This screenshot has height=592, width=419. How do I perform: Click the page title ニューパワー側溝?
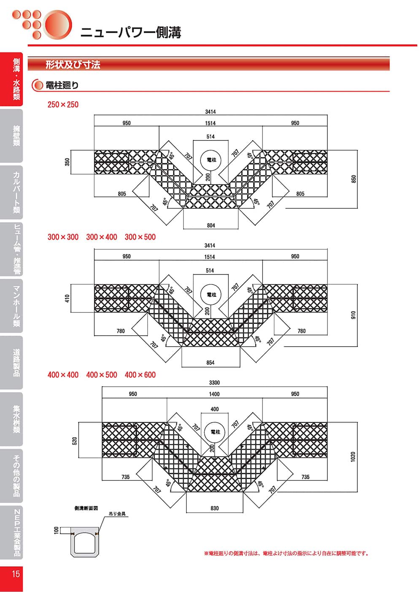pyautogui.click(x=131, y=32)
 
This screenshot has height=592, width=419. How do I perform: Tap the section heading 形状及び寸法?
pyautogui.click(x=73, y=65)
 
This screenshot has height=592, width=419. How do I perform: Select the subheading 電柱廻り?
pyautogui.click(x=62, y=85)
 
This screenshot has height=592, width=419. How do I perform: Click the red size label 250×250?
pyautogui.click(x=63, y=105)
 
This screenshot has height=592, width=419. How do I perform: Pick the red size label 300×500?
pyautogui.click(x=140, y=237)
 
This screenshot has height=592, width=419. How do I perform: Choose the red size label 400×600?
pyautogui.click(x=140, y=375)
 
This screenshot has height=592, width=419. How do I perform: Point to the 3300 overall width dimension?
pyautogui.click(x=214, y=383)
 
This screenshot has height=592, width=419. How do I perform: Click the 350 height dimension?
pyautogui.click(x=68, y=162)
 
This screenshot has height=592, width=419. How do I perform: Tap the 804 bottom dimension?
pyautogui.click(x=211, y=226)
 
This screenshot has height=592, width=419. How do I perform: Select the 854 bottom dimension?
pyautogui.click(x=210, y=363)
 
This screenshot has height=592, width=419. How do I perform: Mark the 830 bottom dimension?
pyautogui.click(x=214, y=508)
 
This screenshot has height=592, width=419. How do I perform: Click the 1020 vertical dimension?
pyautogui.click(x=353, y=457)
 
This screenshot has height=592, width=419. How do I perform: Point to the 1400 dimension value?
pyautogui.click(x=214, y=394)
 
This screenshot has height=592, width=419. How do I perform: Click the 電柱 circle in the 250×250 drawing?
pyautogui.click(x=211, y=160)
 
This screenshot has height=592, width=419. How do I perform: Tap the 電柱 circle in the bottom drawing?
pyautogui.click(x=215, y=432)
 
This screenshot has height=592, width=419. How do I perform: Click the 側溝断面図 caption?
pyautogui.click(x=86, y=508)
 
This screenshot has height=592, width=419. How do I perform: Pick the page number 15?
pyautogui.click(x=16, y=574)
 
